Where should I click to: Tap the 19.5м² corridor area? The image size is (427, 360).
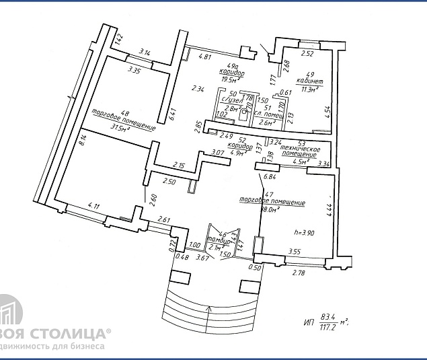[x=231, y=79]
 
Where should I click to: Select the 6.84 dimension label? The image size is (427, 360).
[x=271, y=177]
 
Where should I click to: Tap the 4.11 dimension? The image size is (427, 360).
[x=93, y=206]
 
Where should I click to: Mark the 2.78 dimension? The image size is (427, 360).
[x=299, y=273]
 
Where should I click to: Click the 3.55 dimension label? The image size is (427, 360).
[x=295, y=252]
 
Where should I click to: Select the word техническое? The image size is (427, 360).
[x=300, y=147]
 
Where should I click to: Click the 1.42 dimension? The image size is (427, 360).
[x=119, y=40]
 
